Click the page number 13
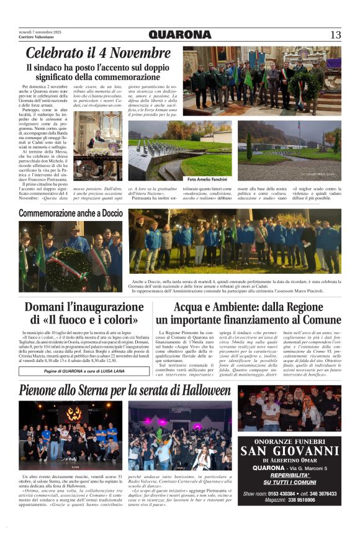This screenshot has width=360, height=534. [x=335, y=35]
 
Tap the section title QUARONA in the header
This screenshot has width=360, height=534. [x=180, y=35]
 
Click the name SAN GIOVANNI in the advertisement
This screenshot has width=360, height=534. [x=290, y=451]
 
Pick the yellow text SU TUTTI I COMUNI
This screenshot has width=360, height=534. [x=290, y=482]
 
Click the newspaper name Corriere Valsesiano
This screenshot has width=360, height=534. [x=37, y=38]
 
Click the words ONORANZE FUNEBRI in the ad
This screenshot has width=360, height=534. [x=290, y=440]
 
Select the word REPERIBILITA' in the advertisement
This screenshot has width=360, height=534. [x=290, y=475]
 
